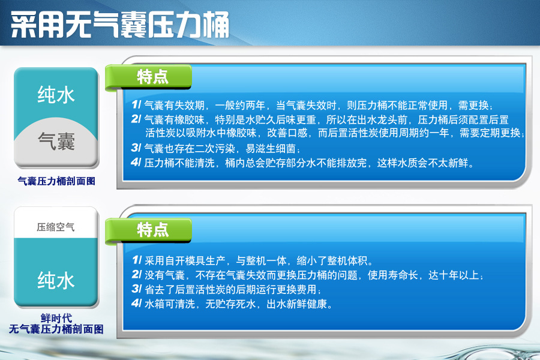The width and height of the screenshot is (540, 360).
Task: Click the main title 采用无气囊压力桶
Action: (120, 24)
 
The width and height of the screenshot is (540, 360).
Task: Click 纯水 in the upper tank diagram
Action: (56, 95)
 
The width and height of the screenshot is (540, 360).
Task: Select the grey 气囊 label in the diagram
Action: (56, 141)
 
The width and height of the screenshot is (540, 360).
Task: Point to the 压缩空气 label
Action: (55, 227)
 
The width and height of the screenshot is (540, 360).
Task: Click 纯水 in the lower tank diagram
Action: (56, 280)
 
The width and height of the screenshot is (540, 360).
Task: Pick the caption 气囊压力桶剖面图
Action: (56, 181)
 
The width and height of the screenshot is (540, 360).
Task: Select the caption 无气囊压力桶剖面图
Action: (56, 329)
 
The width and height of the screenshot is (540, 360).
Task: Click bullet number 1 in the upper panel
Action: (136, 104)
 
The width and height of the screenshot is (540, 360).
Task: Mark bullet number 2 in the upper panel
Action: (136, 119)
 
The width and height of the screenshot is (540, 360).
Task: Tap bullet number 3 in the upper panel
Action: (136, 148)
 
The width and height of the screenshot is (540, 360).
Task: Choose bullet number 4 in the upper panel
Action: (136, 162)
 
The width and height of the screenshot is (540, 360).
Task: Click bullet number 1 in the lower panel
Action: (137, 260)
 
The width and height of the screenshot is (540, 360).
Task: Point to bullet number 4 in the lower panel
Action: (137, 303)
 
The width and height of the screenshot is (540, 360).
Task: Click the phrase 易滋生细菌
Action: (271, 148)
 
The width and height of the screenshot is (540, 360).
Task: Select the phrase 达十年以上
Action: (454, 275)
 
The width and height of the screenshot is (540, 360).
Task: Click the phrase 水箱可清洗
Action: (170, 304)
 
